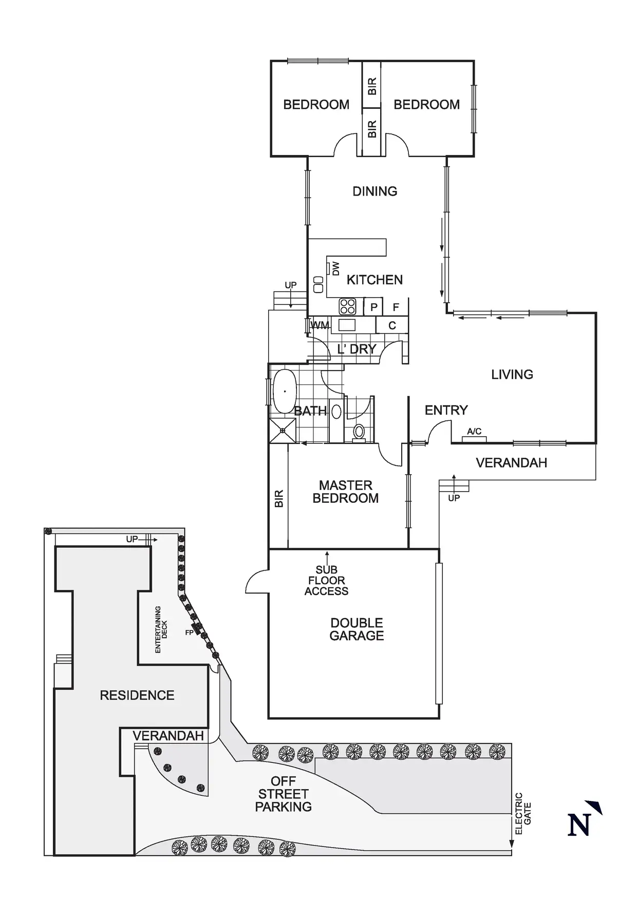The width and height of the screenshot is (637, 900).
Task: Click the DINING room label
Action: [374, 191]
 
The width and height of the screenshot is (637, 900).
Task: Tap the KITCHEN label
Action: [374, 280]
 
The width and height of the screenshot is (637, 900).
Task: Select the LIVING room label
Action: [512, 375]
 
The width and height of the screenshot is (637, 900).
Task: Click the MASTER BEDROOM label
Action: [345, 492]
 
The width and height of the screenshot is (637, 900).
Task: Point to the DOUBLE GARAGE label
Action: [357, 629]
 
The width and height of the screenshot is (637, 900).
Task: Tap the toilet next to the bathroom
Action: [359, 431]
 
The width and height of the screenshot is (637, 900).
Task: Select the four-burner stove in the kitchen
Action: [347, 307]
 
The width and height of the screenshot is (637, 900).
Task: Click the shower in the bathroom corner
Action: [283, 430]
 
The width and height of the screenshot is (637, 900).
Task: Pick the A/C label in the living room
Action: [474, 432]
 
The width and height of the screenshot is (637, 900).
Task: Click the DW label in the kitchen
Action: [336, 268]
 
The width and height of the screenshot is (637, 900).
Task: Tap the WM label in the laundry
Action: [320, 325]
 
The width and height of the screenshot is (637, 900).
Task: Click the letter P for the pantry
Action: [373, 307]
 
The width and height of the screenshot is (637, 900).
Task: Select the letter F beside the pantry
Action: [396, 307]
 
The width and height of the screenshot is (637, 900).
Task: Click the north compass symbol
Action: [583, 818]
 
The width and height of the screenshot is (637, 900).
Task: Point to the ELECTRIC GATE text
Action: [523, 814]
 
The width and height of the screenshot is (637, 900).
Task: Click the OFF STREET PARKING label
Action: [283, 794]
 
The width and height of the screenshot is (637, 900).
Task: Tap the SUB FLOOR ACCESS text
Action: [326, 580]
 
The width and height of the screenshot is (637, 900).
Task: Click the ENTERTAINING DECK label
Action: [161, 630]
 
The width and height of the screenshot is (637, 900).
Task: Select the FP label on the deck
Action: [189, 633]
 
